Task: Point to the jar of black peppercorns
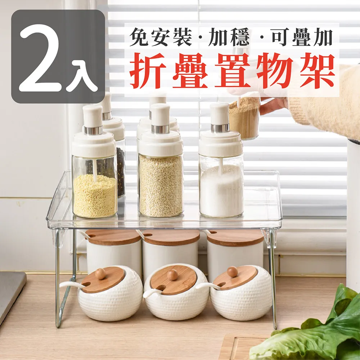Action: pos(120,169)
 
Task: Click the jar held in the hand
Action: pos(245,119)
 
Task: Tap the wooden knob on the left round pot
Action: pos(100,274)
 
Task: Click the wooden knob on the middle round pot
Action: pos(173,274)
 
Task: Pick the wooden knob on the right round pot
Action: pos(233,271)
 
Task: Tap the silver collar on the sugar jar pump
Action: pos(220,128)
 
